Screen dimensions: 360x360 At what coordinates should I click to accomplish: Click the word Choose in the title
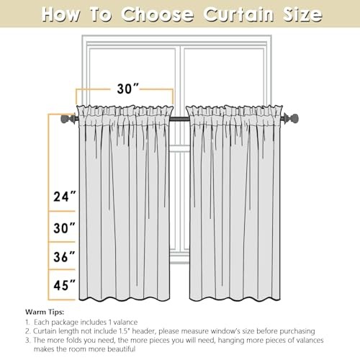pos(157,14)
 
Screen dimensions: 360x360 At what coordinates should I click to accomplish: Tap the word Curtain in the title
pos(239,14)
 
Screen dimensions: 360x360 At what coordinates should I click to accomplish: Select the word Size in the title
pos(302,14)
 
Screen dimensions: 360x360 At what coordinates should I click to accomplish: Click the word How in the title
pos(60,14)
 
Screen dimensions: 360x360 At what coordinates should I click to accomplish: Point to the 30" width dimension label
pos(127,89)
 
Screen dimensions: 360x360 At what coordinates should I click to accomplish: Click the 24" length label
pos(64,197)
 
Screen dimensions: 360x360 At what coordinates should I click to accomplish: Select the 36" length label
pos(64,257)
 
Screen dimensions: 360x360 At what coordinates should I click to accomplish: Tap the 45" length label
pos(64,285)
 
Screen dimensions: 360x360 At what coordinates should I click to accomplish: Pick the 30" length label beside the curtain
pos(64,228)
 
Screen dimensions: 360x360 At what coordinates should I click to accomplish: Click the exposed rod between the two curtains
pos(179,118)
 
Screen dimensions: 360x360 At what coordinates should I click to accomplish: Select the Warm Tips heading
pos(45,312)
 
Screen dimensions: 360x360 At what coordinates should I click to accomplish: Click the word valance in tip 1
pos(125,322)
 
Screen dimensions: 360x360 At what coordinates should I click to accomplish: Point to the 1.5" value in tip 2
pos(125,331)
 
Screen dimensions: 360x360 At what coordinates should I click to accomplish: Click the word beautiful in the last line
pos(121,348)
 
